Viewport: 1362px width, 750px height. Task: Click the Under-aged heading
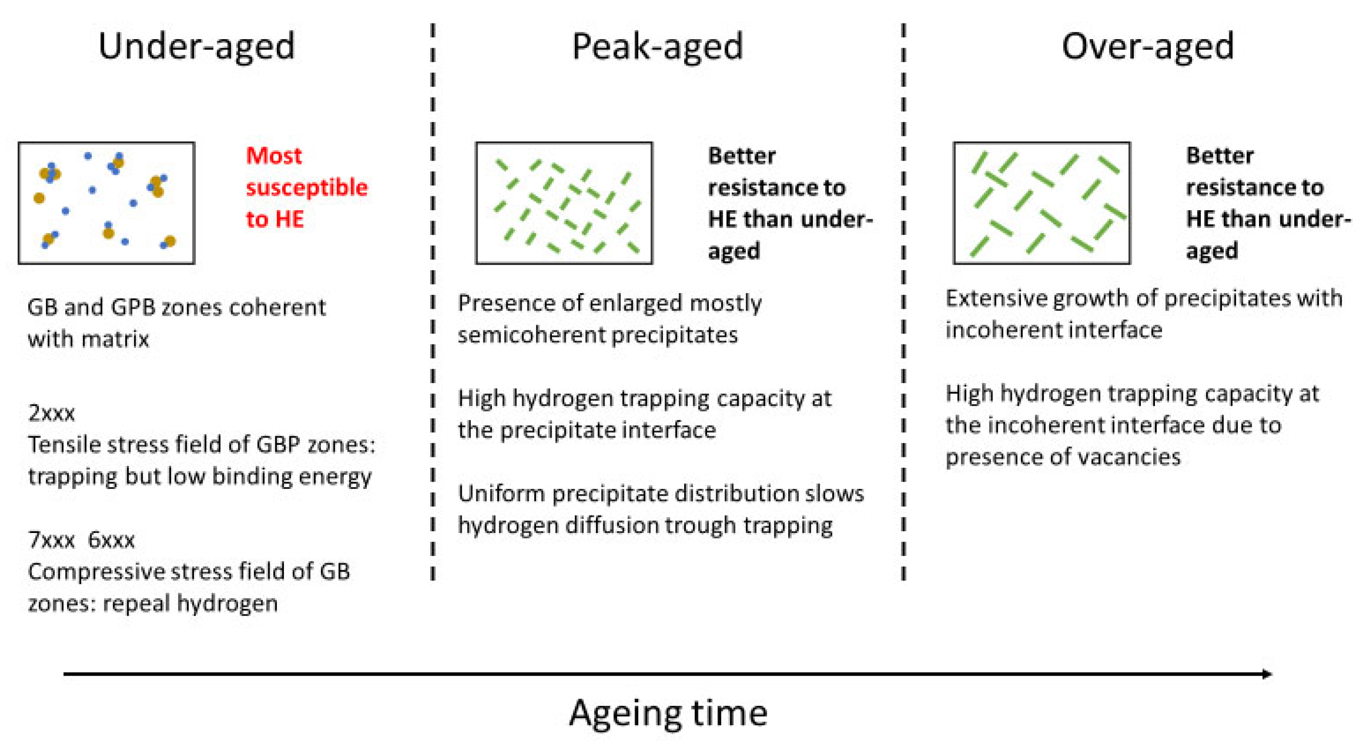pos(196,46)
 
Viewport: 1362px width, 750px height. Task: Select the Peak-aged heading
pos(657,46)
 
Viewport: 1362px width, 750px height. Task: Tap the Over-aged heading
pos(1147,46)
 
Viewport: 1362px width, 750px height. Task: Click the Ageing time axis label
pos(668,713)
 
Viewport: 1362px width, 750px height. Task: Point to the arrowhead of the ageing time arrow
pos(1267,674)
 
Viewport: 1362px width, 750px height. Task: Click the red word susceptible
pos(307,188)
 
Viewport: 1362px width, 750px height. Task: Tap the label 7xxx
pos(51,540)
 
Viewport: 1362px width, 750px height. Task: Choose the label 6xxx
pos(111,540)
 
